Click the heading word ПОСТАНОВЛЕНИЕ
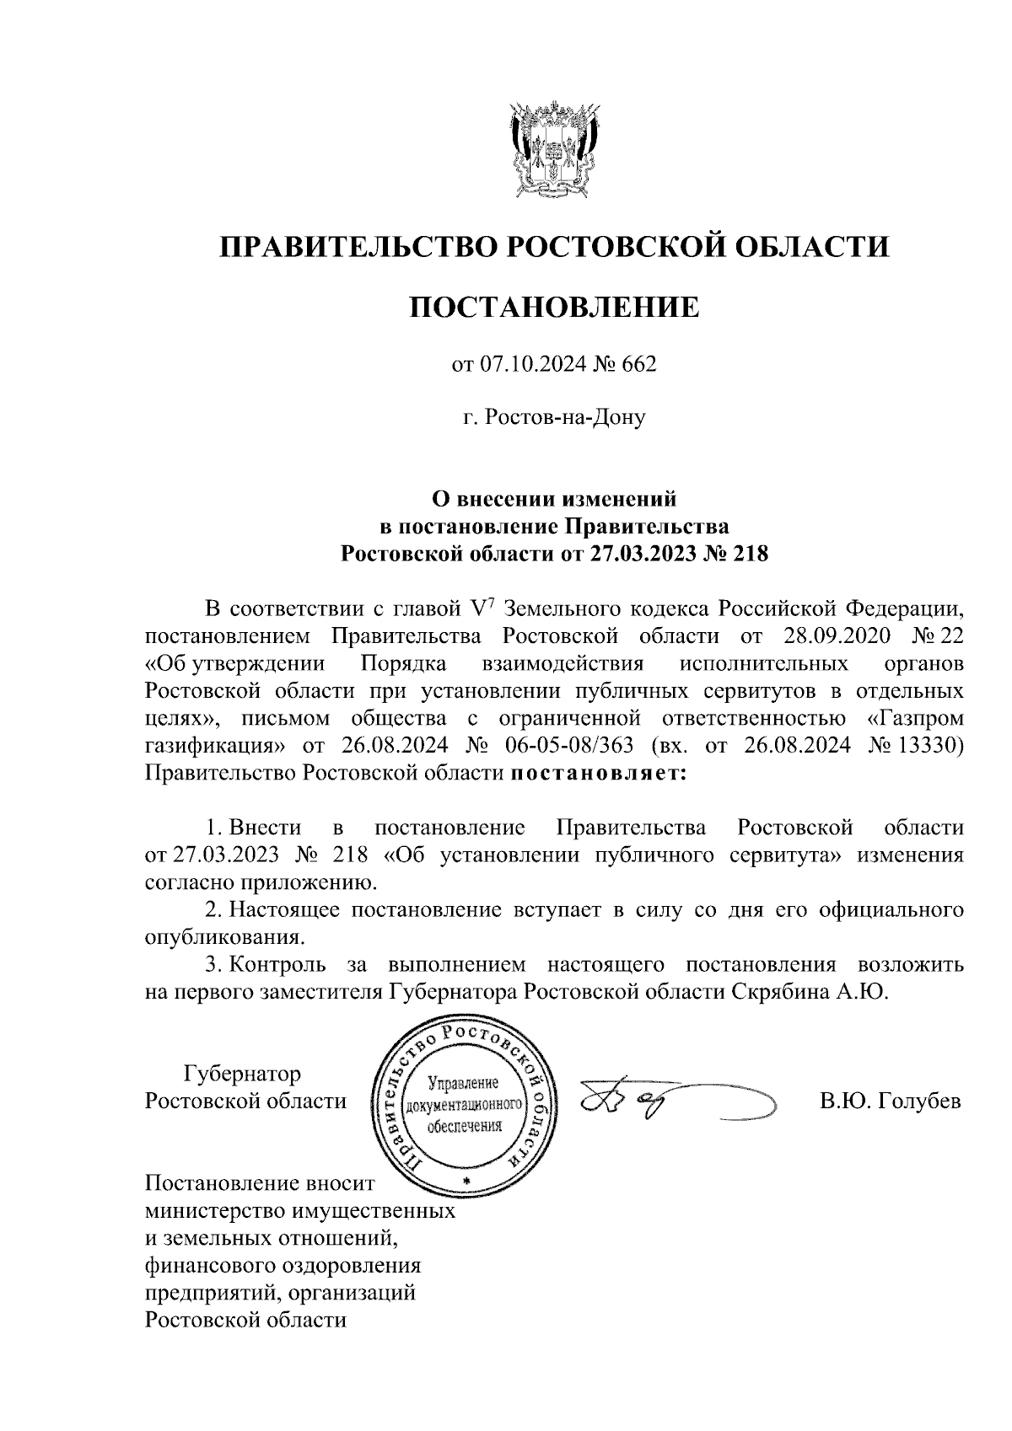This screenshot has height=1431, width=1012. tap(554, 307)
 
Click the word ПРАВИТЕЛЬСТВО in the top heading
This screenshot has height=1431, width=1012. tap(355, 246)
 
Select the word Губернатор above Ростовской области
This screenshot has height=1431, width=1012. tap(242, 1074)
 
